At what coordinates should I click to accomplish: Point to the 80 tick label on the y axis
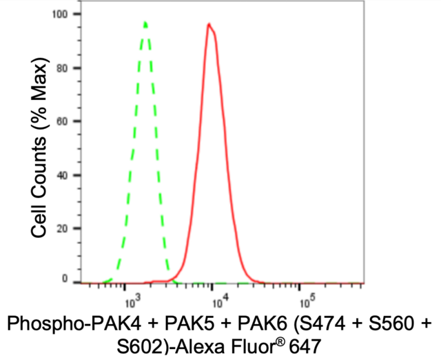63,68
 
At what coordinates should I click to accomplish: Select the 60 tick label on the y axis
63,121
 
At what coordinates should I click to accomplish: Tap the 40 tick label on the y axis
63,175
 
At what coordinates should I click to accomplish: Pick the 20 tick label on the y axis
63,228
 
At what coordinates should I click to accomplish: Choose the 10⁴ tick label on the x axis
220,301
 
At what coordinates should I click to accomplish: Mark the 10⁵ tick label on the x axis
307,301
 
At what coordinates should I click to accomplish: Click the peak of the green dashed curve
145,23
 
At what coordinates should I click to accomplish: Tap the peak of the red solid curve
208,24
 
